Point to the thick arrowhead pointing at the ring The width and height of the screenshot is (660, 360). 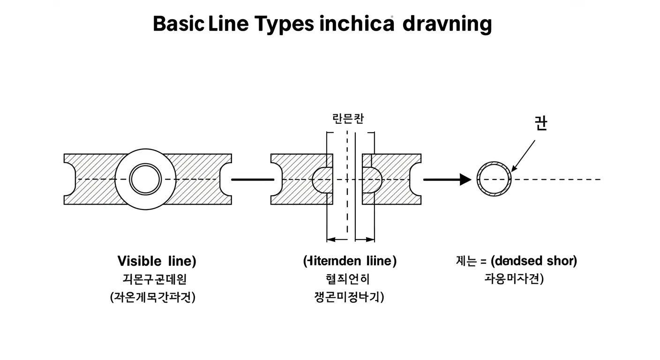[x=465, y=180]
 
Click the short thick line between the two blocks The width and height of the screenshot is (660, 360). [x=253, y=180]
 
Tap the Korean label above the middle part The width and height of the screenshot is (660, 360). [x=347, y=119]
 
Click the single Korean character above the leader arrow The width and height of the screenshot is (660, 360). [x=540, y=123]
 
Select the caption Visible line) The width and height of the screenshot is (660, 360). [x=157, y=261]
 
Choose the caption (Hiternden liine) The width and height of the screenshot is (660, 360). [x=350, y=261]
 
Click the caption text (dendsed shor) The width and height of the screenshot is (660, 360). [x=529, y=261]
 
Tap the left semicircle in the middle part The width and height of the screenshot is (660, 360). [x=322, y=180]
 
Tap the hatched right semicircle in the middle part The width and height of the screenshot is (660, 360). [x=372, y=180]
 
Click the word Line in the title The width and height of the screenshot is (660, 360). [x=230, y=23]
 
